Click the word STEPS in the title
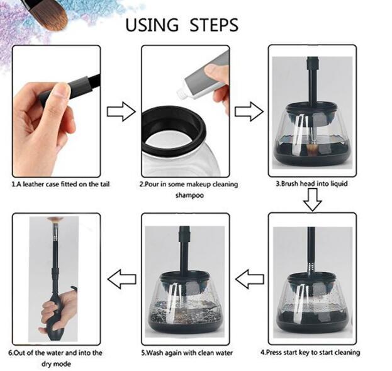click(211, 25)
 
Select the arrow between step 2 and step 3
click(249, 113)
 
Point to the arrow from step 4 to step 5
click(249, 278)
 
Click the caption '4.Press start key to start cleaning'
click(310, 352)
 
